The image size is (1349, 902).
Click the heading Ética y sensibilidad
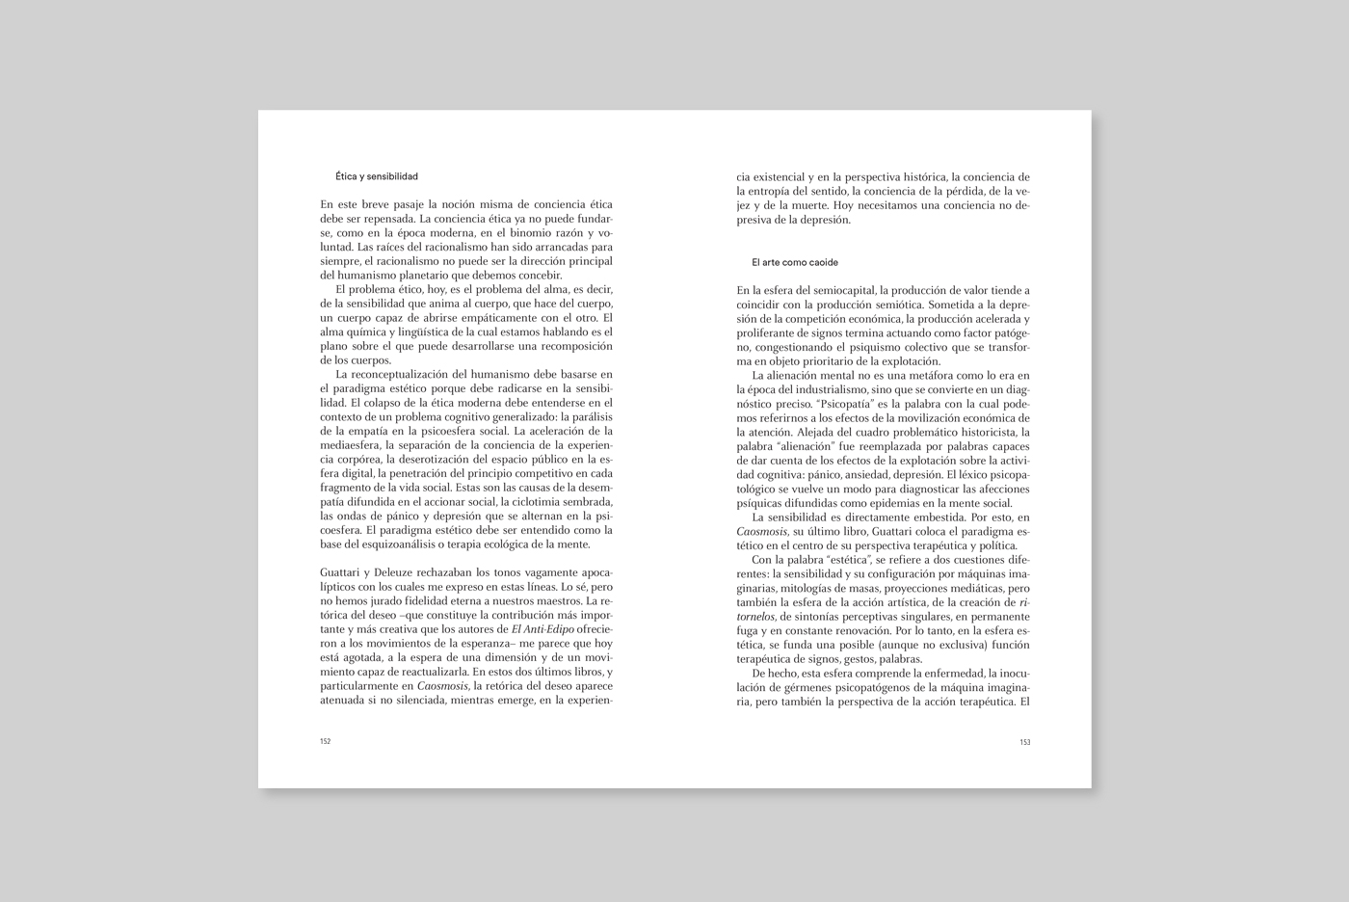click(376, 177)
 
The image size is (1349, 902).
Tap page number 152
click(326, 742)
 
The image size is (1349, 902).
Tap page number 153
click(1024, 742)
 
